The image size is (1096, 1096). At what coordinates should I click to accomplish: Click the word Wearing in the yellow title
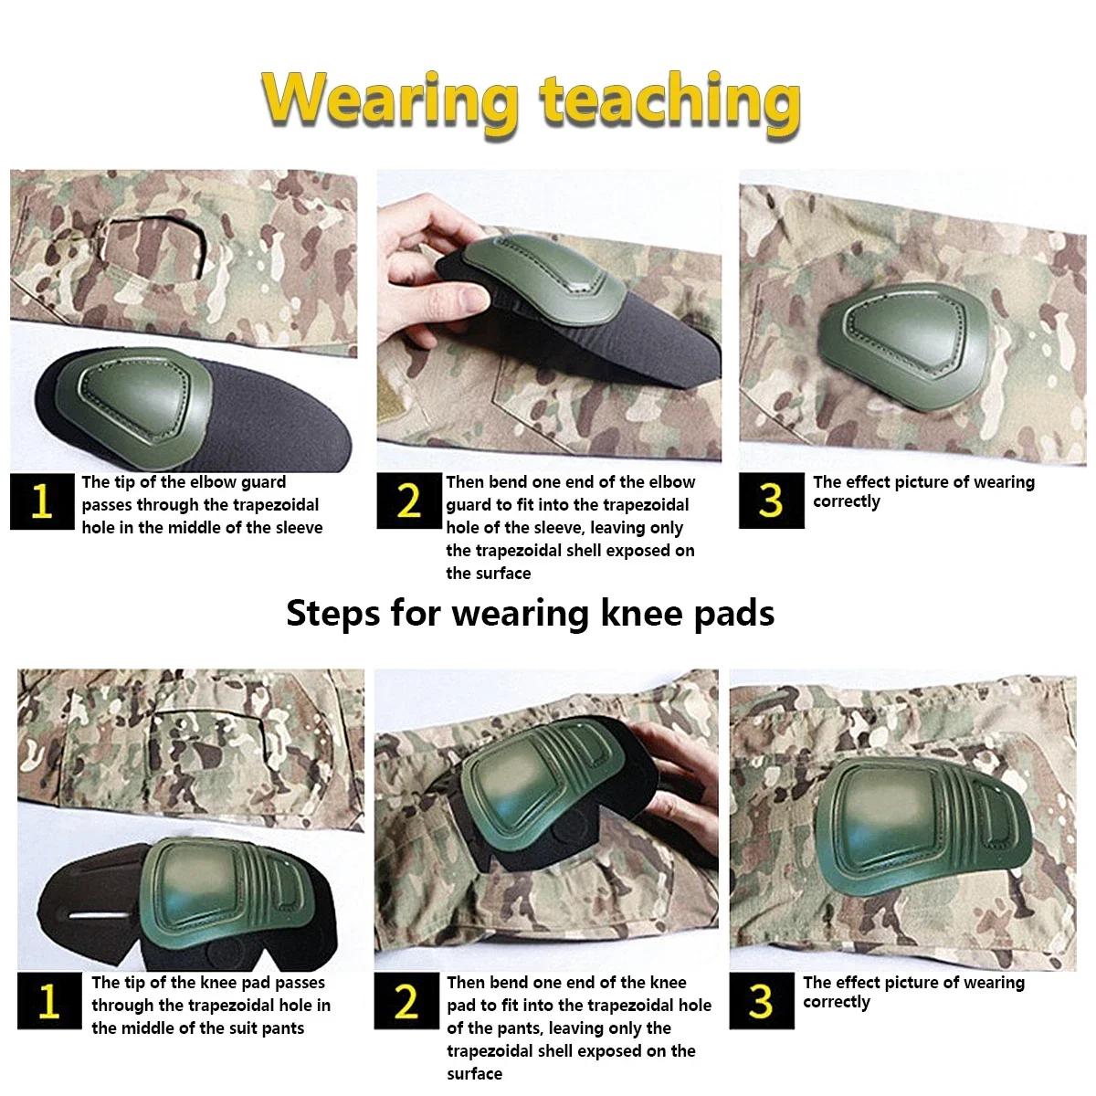coord(390,102)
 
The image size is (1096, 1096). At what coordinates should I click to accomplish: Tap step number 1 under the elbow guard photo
coord(42,501)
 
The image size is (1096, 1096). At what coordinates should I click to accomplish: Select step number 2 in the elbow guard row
coord(409,501)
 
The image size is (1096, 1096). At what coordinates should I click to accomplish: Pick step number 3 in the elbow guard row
coord(771,501)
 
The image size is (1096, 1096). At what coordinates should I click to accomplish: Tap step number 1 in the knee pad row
coord(49,1000)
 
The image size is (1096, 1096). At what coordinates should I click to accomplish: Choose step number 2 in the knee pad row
coord(406,1000)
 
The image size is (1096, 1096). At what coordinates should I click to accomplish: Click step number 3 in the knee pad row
coord(762,1000)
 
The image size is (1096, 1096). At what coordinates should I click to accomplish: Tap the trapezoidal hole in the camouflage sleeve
coord(154,248)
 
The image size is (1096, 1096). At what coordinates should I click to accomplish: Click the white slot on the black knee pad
coord(100,916)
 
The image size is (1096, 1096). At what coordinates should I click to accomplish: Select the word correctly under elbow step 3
coord(847,502)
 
